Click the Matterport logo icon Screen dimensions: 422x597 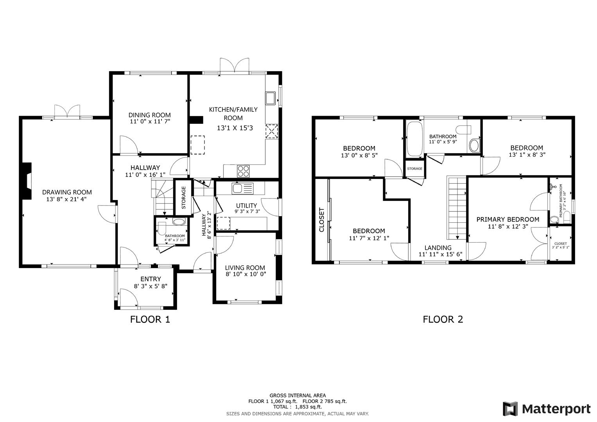pyautogui.click(x=510, y=409)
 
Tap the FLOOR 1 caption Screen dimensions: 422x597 pyautogui.click(x=150, y=319)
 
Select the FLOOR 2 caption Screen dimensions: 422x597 pyautogui.click(x=443, y=319)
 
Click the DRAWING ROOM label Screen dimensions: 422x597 pyautogui.click(x=67, y=192)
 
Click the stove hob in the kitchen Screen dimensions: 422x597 pyautogui.click(x=243, y=171)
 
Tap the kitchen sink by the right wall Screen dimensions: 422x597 pyautogui.click(x=271, y=98)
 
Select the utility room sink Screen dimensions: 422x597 pyautogui.click(x=242, y=188)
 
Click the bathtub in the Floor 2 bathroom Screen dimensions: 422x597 pyautogui.click(x=414, y=139)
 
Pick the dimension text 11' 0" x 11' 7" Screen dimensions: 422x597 pyautogui.click(x=150, y=122)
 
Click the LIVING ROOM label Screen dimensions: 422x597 pyautogui.click(x=245, y=268)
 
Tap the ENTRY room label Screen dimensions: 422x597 pyautogui.click(x=151, y=279)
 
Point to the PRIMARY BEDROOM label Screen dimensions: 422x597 pyautogui.click(x=507, y=220)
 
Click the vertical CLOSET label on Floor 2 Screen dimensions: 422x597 pyautogui.click(x=322, y=220)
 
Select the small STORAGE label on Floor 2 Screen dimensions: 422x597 pyautogui.click(x=414, y=169)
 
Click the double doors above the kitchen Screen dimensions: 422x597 pyautogui.click(x=235, y=65)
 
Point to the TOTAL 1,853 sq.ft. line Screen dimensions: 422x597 pyautogui.click(x=298, y=407)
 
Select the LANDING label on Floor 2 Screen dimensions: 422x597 pyautogui.click(x=438, y=248)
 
